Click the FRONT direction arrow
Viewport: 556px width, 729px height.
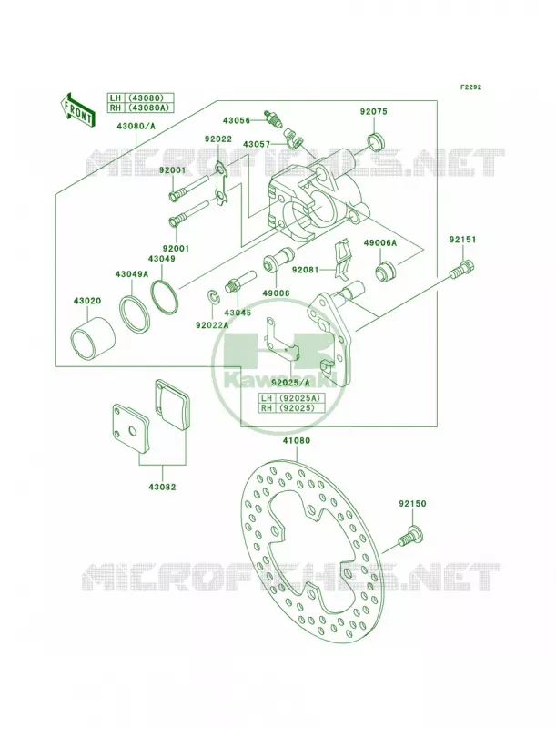tap(77, 108)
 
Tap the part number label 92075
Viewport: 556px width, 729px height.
tap(374, 111)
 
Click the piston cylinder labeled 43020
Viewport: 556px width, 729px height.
tap(93, 337)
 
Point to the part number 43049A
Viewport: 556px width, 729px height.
tap(132, 274)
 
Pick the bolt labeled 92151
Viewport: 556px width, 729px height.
tap(462, 270)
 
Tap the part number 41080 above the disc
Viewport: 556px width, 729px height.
tap(297, 440)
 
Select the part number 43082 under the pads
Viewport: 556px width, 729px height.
tap(162, 487)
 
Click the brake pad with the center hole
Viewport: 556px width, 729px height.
tap(131, 428)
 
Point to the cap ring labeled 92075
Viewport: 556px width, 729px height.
tap(376, 141)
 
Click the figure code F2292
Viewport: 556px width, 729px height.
tap(470, 87)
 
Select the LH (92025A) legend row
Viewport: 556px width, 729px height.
tap(291, 398)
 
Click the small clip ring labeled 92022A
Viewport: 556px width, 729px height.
tap(213, 297)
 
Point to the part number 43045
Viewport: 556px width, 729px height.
tap(238, 313)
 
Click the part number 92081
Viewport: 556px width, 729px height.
tap(306, 269)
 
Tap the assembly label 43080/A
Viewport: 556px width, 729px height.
tap(136, 126)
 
